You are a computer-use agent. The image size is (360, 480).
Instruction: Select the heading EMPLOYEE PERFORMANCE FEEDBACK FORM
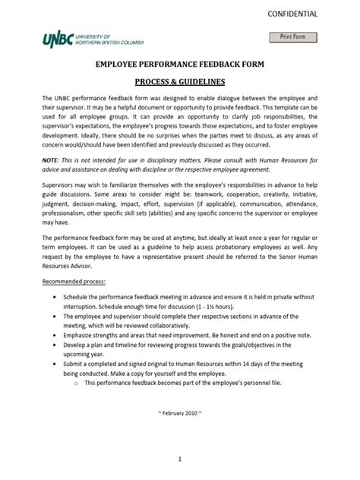(179, 65)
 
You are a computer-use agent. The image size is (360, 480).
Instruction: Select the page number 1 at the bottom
(180, 459)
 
